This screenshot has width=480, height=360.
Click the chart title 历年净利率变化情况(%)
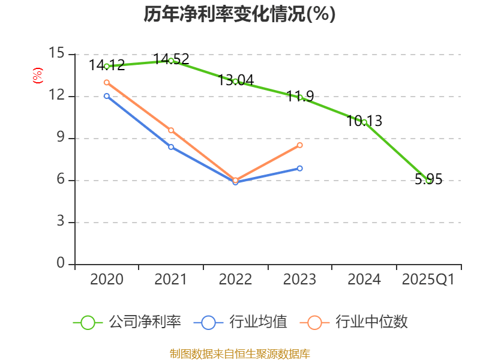(239, 14)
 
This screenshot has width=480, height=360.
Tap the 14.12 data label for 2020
(107, 65)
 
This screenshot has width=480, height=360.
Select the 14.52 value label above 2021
(171, 59)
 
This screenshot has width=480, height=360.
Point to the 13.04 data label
(236, 80)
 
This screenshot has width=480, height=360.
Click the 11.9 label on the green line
(300, 95)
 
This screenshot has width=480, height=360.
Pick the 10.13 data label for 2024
(364, 121)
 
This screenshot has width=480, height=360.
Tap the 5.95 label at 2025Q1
(428, 179)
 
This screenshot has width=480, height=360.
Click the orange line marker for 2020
(106, 82)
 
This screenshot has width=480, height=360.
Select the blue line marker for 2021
(171, 147)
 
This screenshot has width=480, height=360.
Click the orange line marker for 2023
(300, 145)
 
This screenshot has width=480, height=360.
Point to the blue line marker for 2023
(300, 168)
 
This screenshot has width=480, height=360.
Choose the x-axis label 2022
(235, 279)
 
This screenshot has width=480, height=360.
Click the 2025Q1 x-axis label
(428, 279)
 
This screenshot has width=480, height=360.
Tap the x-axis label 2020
(107, 279)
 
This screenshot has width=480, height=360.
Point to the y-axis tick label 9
(61, 138)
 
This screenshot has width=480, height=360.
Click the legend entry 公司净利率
(127, 322)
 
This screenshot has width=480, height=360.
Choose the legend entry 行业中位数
(358, 322)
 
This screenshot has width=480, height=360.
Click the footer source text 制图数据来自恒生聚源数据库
(239, 353)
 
